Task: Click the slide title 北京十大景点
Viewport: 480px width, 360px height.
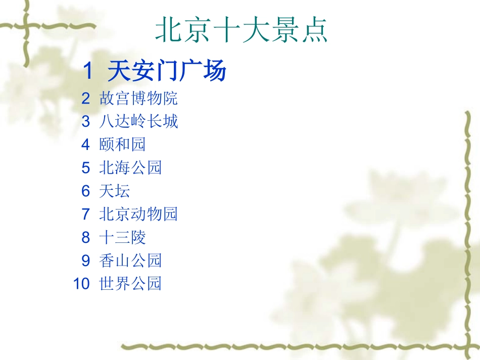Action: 242,31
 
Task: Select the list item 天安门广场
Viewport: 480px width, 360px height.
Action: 167,72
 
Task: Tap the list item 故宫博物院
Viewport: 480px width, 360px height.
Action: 138,98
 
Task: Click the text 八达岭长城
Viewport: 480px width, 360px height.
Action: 138,121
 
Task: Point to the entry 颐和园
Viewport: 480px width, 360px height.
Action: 123,144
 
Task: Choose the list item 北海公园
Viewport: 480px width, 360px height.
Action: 130,168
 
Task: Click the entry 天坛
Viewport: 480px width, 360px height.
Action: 115,191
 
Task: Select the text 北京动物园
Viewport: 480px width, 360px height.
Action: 138,214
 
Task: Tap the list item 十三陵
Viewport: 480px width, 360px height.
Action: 123,237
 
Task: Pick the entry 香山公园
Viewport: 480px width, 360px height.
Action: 130,261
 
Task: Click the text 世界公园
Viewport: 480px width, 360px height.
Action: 130,284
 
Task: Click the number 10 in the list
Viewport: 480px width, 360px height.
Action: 81,284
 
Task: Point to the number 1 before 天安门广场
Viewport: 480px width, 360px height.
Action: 88,72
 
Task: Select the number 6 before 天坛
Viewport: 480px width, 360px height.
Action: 85,191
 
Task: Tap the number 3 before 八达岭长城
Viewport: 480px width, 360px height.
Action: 85,121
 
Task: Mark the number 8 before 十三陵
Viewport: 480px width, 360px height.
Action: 85,237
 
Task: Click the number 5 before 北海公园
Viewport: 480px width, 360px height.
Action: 85,168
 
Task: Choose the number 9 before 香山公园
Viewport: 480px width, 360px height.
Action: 85,261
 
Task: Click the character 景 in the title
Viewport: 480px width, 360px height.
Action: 285,31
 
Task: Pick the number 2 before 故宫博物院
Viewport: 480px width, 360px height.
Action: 85,98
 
